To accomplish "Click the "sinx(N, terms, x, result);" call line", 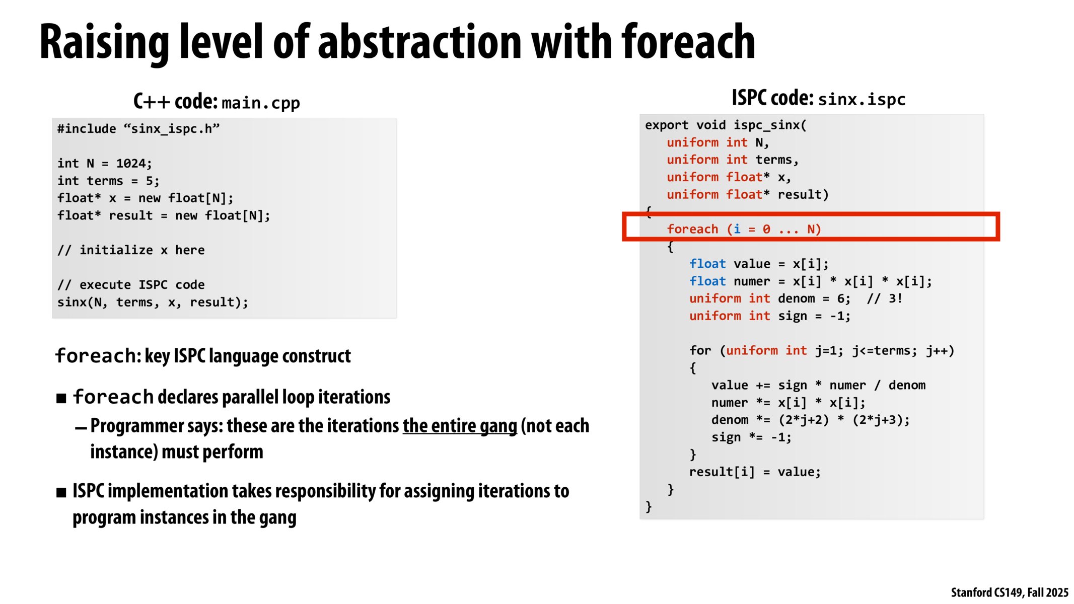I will [x=153, y=302].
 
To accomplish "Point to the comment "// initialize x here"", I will [x=131, y=250].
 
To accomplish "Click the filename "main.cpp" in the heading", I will [x=260, y=103].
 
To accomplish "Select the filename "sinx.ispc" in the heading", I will [x=862, y=99].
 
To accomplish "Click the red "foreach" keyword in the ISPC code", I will [x=692, y=229].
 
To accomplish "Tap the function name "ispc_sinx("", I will [x=769, y=125].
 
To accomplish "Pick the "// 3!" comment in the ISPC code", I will [x=884, y=298].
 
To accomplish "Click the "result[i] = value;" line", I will [x=754, y=472].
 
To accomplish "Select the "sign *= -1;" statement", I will [x=751, y=437].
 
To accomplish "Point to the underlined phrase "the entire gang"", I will [x=459, y=426].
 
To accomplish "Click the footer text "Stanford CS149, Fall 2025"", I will [x=1009, y=592].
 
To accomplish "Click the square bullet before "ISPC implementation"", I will [x=61, y=492].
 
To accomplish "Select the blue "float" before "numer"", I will [x=707, y=281].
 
